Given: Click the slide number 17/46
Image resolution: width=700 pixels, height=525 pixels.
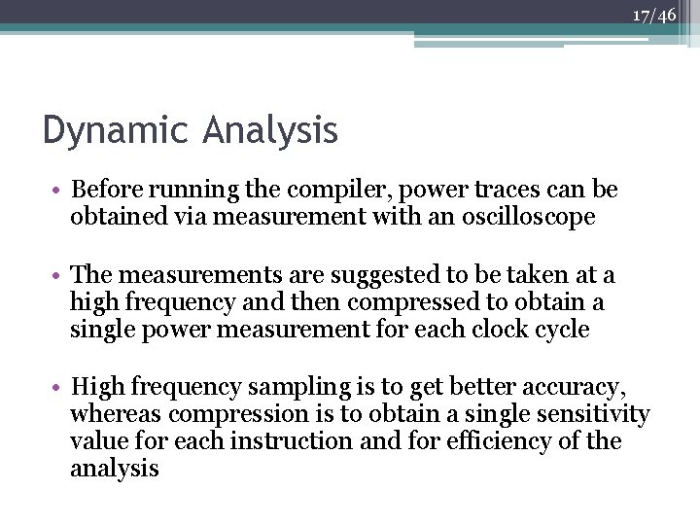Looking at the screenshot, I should click(653, 15).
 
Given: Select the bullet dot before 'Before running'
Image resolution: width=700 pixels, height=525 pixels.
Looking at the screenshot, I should click(59, 191).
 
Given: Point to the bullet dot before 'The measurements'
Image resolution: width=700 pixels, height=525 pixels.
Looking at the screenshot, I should click(59, 278).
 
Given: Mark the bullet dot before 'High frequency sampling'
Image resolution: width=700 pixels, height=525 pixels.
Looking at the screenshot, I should click(59, 388).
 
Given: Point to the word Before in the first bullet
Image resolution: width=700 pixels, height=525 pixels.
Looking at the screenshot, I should click(105, 191).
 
